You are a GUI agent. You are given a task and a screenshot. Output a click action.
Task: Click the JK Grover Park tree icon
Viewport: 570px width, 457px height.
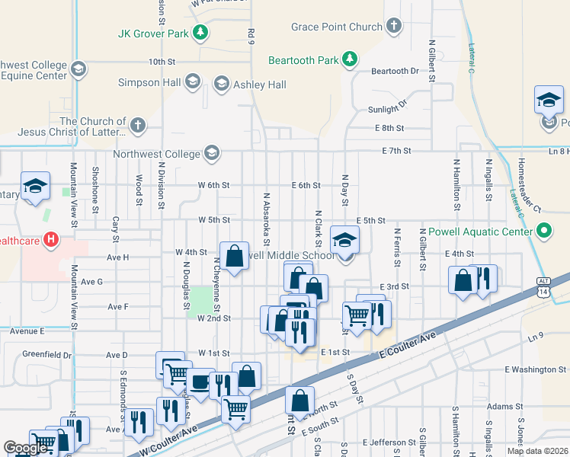(x=200, y=33)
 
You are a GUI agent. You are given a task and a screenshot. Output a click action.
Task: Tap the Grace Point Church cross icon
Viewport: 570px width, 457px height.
(x=393, y=27)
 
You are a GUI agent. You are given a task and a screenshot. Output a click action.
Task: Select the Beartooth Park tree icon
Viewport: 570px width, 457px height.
(x=349, y=59)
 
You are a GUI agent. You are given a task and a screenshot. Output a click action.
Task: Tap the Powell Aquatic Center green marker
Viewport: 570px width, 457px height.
(x=544, y=229)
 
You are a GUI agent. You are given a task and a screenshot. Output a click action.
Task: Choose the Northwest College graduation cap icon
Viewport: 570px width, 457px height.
(x=211, y=154)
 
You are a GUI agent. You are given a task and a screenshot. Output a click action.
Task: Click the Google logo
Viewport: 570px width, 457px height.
(x=27, y=449)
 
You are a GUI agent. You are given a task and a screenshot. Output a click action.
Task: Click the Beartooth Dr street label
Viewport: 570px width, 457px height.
(x=395, y=71)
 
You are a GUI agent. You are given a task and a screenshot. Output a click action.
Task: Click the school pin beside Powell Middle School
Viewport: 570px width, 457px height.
(x=344, y=241)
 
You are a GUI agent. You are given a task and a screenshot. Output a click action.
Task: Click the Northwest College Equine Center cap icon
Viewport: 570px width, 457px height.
(x=77, y=70)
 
